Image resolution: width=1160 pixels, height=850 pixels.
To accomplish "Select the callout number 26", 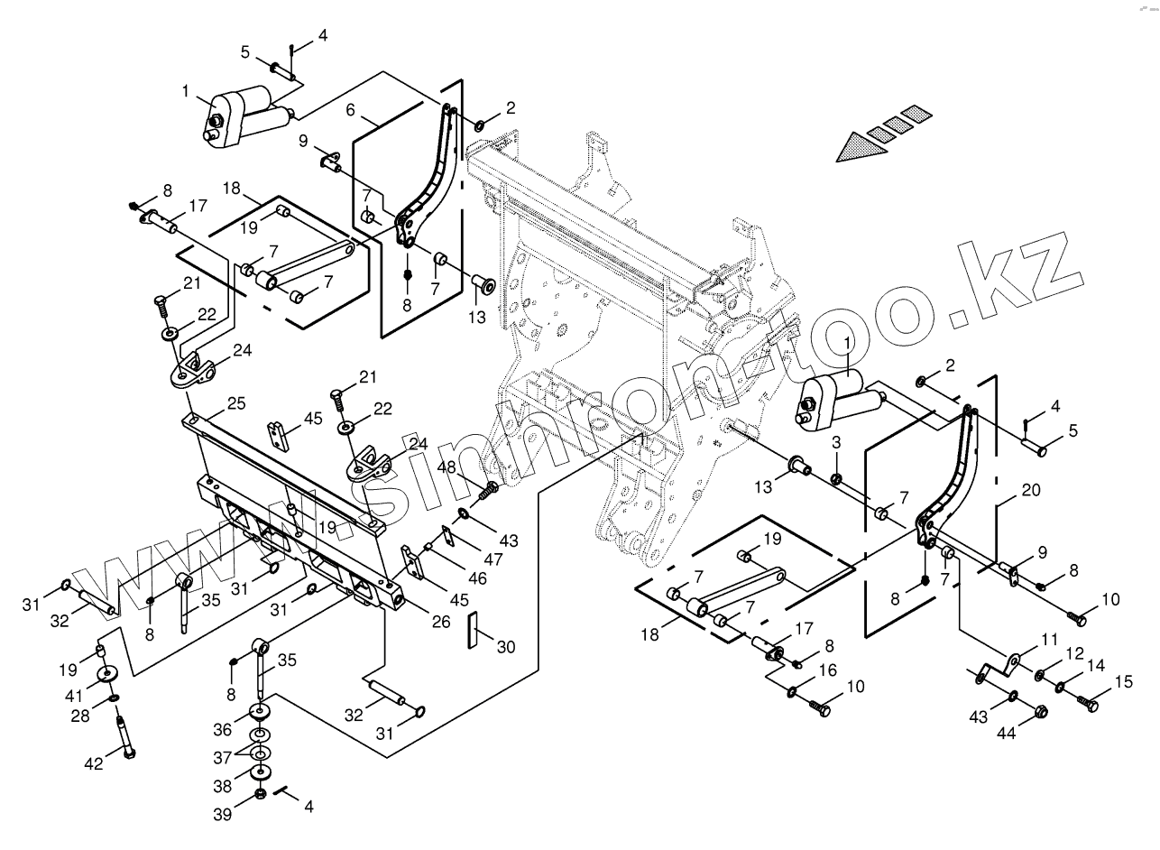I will coord(440,621).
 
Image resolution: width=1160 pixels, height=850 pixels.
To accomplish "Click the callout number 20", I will coord(1030,491).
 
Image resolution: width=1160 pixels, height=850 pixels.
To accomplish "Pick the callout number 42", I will coord(94,763).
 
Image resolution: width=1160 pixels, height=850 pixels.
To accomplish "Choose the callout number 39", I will coord(223,814).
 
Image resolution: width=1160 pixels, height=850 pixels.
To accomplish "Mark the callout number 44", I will coord(1005,734).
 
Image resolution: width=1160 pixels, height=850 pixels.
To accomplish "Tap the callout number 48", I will coord(447,467).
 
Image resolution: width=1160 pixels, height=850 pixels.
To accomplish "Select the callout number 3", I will coord(835,442).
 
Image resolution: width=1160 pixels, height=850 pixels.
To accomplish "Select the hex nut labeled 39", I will coord(261,794).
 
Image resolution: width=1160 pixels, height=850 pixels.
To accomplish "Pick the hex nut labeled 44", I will coord(1038,712).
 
